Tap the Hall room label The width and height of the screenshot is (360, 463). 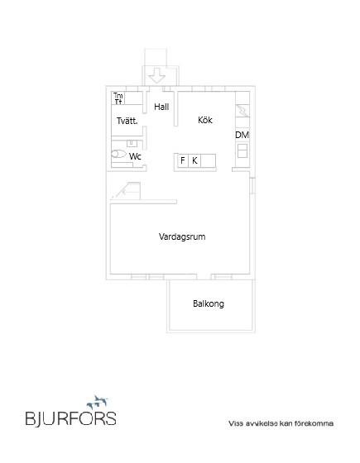click(x=161, y=107)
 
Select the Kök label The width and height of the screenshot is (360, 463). click(x=205, y=120)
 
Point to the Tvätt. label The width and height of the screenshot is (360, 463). click(x=127, y=121)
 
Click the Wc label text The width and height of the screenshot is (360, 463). click(x=135, y=155)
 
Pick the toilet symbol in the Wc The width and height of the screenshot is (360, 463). click(x=119, y=154)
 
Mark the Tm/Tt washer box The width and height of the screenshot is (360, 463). click(x=118, y=98)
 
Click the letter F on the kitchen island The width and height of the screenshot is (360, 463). click(x=183, y=160)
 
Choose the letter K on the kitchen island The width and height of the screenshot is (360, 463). click(x=194, y=160)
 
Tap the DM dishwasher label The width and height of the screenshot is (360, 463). click(x=242, y=135)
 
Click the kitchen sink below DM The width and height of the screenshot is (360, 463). click(x=242, y=150)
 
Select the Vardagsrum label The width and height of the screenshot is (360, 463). click(x=182, y=236)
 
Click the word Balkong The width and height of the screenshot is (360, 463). click(x=209, y=303)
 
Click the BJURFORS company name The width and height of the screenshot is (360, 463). click(x=70, y=418)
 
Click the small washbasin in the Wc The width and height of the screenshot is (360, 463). click(x=131, y=143)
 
